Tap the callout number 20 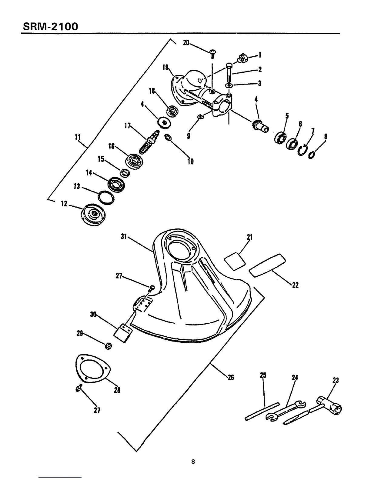[x=186, y=43]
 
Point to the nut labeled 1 [x=242, y=57]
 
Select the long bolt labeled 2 [x=229, y=72]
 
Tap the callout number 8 [x=326, y=136]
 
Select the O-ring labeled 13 [x=106, y=198]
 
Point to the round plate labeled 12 [x=94, y=215]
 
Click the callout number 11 [x=77, y=137]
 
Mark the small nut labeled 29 [x=108, y=345]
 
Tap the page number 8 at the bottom [x=193, y=462]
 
